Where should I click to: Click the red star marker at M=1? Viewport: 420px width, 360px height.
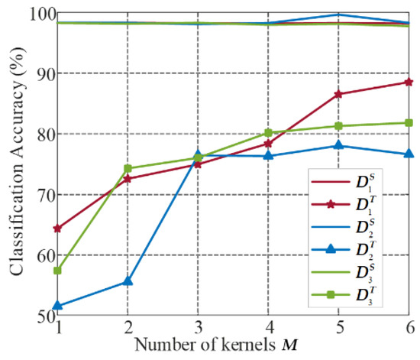click(57, 229)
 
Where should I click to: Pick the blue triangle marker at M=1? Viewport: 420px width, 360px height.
click(57, 306)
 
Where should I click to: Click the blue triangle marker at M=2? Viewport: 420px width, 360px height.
click(128, 282)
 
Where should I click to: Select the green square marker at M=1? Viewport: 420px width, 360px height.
click(57, 271)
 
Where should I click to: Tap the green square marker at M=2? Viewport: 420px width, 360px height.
click(128, 168)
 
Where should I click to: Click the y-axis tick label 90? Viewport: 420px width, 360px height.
click(36, 73)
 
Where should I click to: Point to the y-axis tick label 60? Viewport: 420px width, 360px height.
click(36, 255)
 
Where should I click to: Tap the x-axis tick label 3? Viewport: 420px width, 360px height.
click(199, 326)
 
